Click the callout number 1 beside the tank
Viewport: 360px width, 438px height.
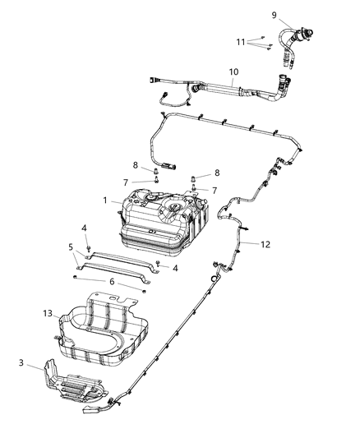[x=104, y=200]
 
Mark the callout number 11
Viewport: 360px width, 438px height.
[x=242, y=41]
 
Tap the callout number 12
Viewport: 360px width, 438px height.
[x=265, y=243]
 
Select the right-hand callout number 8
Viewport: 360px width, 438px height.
[x=218, y=173]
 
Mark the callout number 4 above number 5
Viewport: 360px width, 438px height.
[x=84, y=228]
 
